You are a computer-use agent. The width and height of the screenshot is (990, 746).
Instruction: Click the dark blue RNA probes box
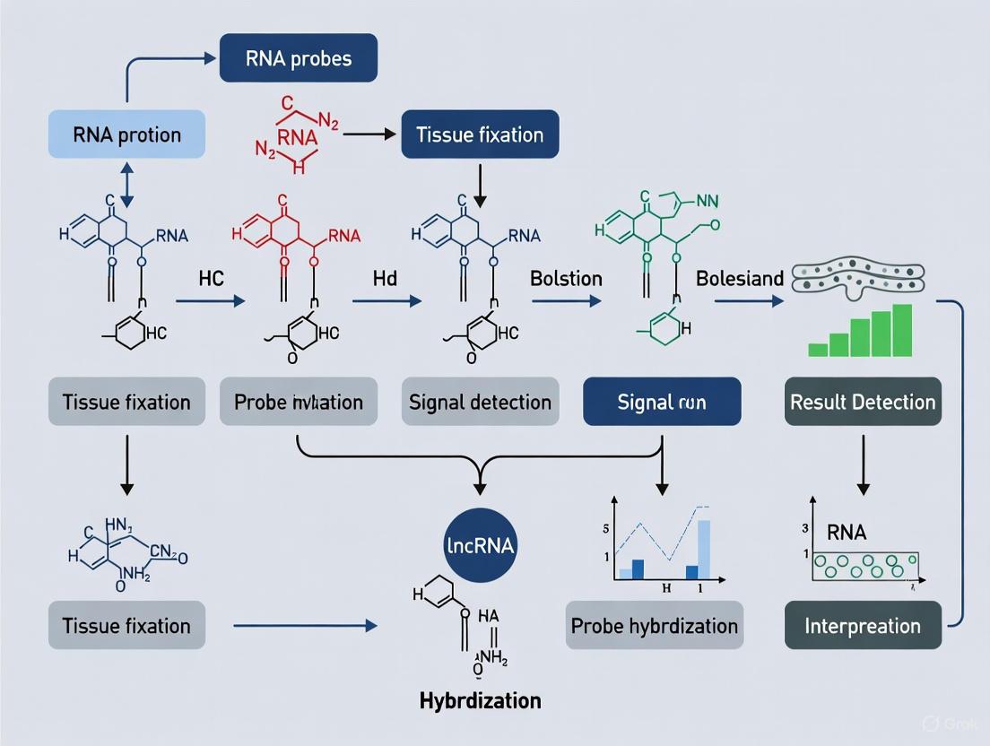click(299, 59)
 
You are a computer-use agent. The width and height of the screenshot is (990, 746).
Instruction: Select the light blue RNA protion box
click(126, 135)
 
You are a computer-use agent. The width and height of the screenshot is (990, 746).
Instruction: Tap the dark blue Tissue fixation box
click(480, 135)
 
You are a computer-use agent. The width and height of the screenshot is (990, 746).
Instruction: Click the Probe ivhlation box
click(299, 401)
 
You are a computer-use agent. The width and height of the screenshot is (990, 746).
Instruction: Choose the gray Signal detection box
click(480, 401)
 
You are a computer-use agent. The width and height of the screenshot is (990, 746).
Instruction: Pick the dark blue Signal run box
click(662, 401)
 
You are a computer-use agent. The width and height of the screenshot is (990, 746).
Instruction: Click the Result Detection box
click(863, 401)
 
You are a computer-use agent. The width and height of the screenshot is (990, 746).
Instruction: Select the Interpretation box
click(863, 625)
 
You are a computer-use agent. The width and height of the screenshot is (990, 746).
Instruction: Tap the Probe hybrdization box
click(655, 625)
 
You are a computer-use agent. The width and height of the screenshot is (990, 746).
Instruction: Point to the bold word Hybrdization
click(481, 699)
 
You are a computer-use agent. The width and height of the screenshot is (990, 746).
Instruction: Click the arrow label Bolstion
click(566, 278)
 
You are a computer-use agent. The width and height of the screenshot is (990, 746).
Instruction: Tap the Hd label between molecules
click(385, 278)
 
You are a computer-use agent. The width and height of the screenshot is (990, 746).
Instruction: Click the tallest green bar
click(902, 330)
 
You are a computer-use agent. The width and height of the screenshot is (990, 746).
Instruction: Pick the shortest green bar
click(817, 349)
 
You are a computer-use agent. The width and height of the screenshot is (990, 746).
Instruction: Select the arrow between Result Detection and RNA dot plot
click(863, 464)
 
